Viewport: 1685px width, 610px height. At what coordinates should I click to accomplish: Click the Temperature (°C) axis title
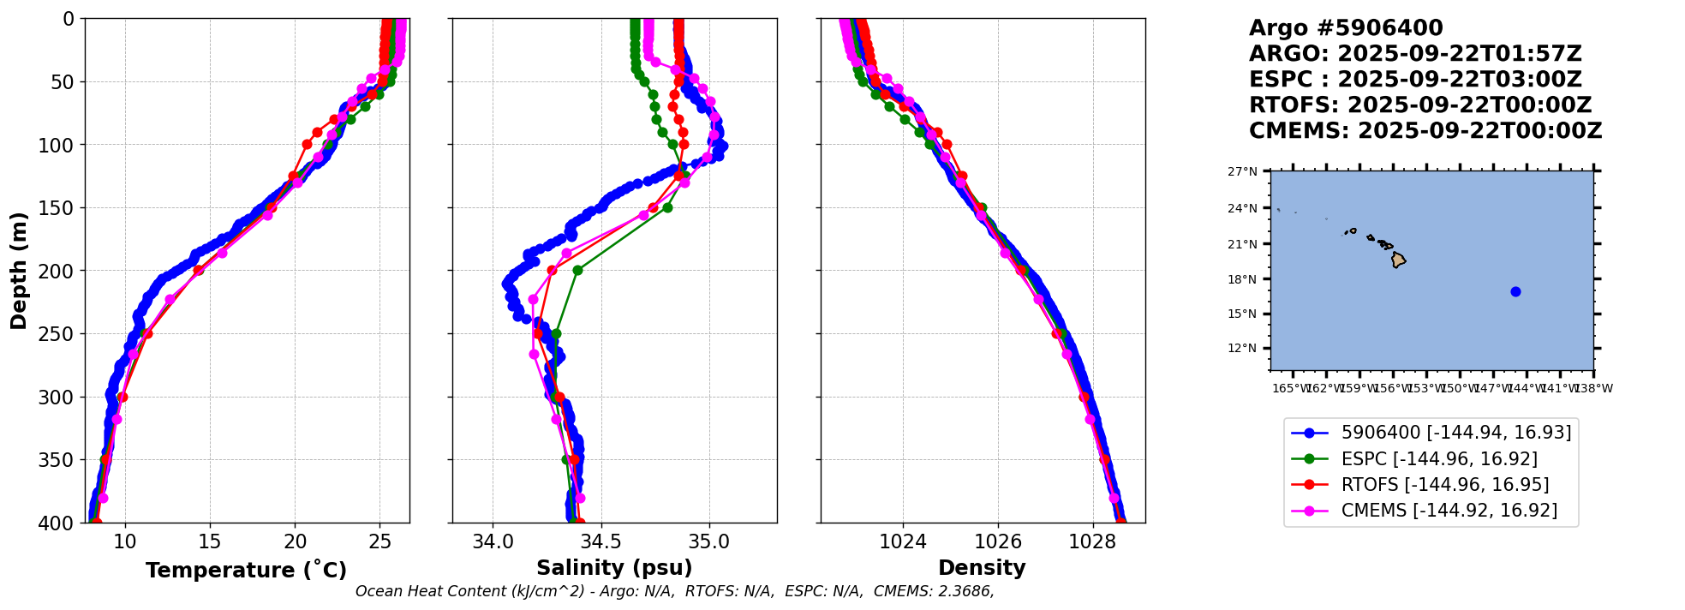pyautogui.click(x=246, y=571)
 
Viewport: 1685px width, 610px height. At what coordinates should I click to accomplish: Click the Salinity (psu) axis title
pyautogui.click(x=614, y=568)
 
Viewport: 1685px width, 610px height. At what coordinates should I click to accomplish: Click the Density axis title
pyautogui.click(x=982, y=568)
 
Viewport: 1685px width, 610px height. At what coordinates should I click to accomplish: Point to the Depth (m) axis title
pyautogui.click(x=19, y=270)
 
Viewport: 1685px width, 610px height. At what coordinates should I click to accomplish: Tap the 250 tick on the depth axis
pyautogui.click(x=59, y=334)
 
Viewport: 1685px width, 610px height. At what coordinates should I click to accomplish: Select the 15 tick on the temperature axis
pyautogui.click(x=210, y=541)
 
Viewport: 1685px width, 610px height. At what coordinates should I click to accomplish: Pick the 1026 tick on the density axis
pyautogui.click(x=998, y=541)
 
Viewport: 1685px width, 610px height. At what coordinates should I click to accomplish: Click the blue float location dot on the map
pyautogui.click(x=1515, y=292)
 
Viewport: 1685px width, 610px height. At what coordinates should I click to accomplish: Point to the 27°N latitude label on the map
pyautogui.click(x=1242, y=171)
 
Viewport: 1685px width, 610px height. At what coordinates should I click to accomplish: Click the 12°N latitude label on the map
pyautogui.click(x=1242, y=348)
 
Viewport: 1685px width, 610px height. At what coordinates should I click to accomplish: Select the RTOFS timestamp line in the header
pyautogui.click(x=1419, y=105)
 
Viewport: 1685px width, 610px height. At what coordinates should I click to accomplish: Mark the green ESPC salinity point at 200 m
pyautogui.click(x=577, y=270)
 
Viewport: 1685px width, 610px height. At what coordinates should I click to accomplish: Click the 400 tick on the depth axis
pyautogui.click(x=59, y=523)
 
